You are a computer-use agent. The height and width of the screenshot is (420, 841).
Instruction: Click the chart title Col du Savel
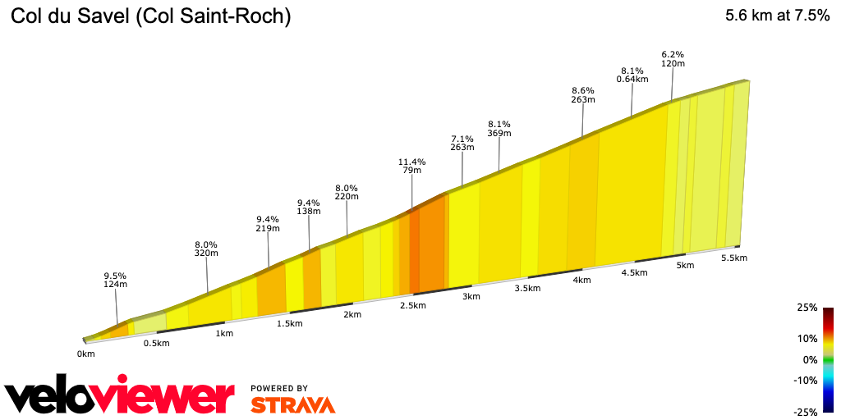click(150, 16)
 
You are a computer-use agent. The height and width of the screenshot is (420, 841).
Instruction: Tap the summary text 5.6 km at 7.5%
click(777, 16)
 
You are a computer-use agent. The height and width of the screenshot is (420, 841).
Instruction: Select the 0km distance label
click(85, 354)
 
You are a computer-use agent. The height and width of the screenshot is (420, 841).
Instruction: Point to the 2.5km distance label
click(412, 306)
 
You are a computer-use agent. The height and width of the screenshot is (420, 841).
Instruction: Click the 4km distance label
click(581, 281)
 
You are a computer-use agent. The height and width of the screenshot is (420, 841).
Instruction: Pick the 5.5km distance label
click(733, 258)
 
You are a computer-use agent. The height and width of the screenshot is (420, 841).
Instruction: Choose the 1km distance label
click(223, 334)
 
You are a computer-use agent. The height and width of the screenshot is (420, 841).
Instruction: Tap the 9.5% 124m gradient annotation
click(115, 280)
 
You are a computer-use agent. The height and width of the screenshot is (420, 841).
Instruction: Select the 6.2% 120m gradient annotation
click(673, 58)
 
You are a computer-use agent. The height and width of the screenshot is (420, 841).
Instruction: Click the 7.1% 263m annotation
click(462, 143)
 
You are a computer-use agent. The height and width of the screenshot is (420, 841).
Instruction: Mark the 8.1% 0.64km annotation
click(632, 75)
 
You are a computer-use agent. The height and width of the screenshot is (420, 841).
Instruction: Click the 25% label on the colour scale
click(807, 308)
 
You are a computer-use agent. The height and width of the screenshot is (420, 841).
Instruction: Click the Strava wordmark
click(292, 404)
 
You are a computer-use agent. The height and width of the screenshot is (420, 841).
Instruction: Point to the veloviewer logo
click(120, 397)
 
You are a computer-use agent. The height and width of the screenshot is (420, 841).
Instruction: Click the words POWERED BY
click(279, 388)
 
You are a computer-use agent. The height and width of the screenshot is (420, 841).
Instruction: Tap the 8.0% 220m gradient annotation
click(347, 193)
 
